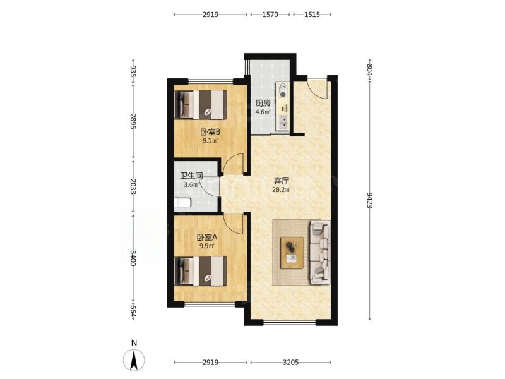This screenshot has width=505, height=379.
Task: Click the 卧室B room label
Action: pyautogui.click(x=210, y=132)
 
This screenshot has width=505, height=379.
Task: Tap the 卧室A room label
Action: pyautogui.click(x=207, y=238)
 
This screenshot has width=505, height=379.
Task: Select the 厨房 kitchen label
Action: pyautogui.click(x=263, y=104)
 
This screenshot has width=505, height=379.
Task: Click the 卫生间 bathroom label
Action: pyautogui.click(x=191, y=176)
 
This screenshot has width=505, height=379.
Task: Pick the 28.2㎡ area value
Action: pyautogui.click(x=282, y=189)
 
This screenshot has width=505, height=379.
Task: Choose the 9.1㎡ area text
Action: pyautogui.click(x=210, y=140)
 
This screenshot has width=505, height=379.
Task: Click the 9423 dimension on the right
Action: pyautogui.click(x=370, y=200)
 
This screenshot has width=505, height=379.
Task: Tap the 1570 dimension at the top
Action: pyautogui.click(x=270, y=15)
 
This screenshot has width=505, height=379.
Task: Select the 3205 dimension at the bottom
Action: pyautogui.click(x=291, y=363)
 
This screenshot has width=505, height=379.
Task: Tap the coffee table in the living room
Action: pyautogui.click(x=292, y=253)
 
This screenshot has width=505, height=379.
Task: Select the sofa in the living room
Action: pyautogui.click(x=320, y=252)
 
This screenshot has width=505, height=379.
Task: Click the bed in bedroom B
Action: pyautogui.click(x=201, y=104)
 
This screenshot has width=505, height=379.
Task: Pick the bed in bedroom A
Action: pyautogui.click(x=201, y=271)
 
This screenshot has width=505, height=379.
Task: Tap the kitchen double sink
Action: pyautogui.click(x=283, y=123)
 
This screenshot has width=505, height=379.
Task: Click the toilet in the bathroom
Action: pyautogui.click(x=182, y=203)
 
